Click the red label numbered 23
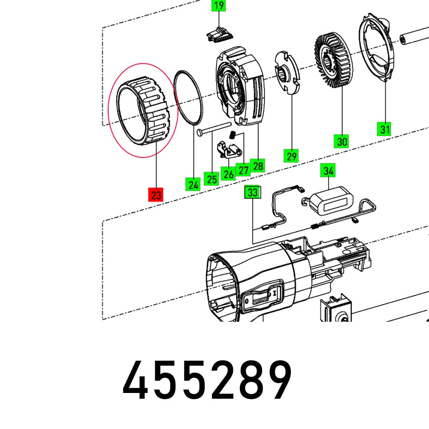coord(156,195)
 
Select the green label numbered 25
coord(212,178)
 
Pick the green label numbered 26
coord(228,174)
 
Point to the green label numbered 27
coord(244,170)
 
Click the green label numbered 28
coord(258,166)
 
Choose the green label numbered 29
coord(291,155)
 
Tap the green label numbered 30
coord(341,141)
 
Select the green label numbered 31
coord(384,128)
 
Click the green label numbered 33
coord(253,193)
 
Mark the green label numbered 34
coord(329,171)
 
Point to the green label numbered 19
coord(219,6)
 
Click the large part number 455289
coord(207,380)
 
